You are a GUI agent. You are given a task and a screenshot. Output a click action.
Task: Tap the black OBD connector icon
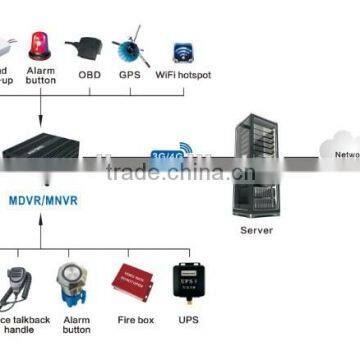84,46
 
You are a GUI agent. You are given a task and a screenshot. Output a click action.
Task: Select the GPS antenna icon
130,46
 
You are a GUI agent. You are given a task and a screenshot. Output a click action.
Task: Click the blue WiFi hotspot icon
182,51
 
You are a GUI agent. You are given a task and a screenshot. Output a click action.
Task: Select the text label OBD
87,73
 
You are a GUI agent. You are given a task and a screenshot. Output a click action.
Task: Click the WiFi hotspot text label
183,73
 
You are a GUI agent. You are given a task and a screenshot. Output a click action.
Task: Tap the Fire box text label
130,322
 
